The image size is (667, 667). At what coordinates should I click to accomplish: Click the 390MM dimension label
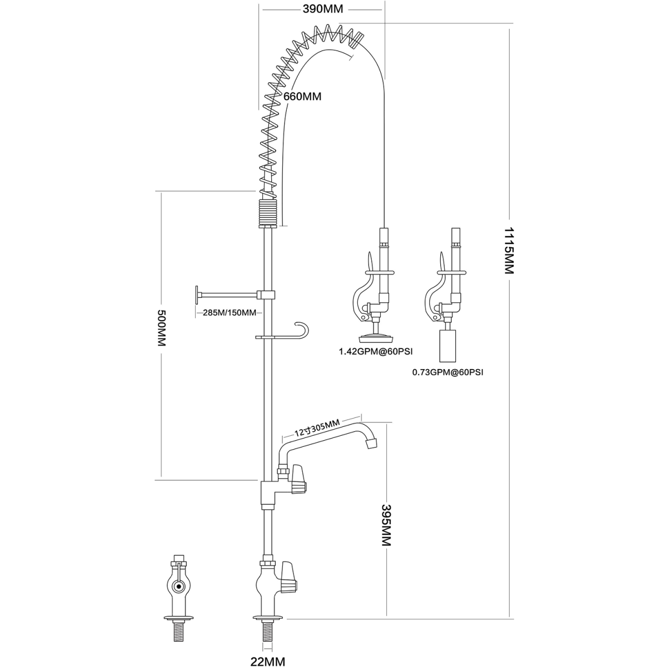pyautogui.click(x=322, y=9)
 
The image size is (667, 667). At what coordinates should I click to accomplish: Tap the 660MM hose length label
pyautogui.click(x=302, y=96)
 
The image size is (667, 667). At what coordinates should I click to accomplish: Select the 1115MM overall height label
pyautogui.click(x=509, y=251)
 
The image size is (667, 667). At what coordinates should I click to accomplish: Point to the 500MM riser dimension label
pyautogui.click(x=162, y=327)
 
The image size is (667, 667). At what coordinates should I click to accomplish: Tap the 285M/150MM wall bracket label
pyautogui.click(x=230, y=312)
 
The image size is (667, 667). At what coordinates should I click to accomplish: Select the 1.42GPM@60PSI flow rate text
pyautogui.click(x=376, y=352)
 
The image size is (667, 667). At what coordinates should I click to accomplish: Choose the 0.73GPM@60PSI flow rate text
pyautogui.click(x=447, y=372)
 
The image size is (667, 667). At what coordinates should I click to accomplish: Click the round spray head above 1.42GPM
pyautogui.click(x=375, y=335)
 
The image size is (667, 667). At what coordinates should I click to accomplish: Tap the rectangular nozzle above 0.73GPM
pyautogui.click(x=447, y=346)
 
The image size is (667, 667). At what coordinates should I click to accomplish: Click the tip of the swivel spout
pyautogui.click(x=371, y=443)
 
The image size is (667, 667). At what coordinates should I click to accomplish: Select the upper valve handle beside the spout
pyautogui.click(x=298, y=479)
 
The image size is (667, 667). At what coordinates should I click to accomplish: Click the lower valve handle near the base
pyautogui.click(x=290, y=583)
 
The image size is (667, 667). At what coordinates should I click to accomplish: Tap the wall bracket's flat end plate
pyautogui.click(x=197, y=295)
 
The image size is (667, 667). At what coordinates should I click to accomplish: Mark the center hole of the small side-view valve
pyautogui.click(x=179, y=586)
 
